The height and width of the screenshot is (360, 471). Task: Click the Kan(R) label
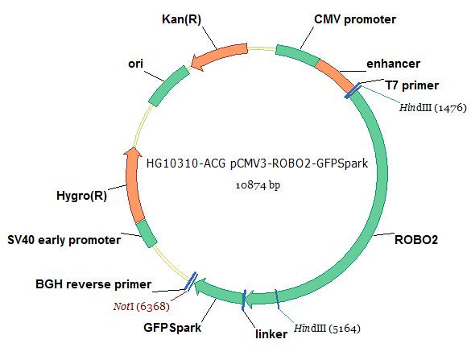click(x=181, y=19)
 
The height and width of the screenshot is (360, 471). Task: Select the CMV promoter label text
click(x=355, y=19)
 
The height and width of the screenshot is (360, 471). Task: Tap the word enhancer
click(x=393, y=64)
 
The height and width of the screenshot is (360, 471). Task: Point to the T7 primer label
click(x=412, y=85)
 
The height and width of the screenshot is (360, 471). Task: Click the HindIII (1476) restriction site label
click(x=433, y=108)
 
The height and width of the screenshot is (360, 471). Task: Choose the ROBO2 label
click(x=416, y=240)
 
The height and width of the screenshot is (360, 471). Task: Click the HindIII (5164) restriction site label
click(x=327, y=328)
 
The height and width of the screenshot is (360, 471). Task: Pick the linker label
click(x=271, y=334)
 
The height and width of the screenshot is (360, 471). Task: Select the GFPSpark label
click(x=172, y=328)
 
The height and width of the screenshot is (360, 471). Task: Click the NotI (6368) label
click(x=142, y=307)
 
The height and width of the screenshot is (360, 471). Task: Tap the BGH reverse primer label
click(x=93, y=284)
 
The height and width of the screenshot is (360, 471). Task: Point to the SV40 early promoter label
click(x=64, y=240)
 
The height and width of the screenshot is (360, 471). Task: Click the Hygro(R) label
click(x=81, y=196)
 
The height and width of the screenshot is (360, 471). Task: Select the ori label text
click(x=135, y=64)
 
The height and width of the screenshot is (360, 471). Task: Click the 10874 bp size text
click(x=258, y=184)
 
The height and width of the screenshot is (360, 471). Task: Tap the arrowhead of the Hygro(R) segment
click(x=133, y=152)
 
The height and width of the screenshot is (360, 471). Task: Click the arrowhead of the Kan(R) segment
click(x=197, y=63)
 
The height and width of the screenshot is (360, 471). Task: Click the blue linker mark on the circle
click(x=244, y=300)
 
